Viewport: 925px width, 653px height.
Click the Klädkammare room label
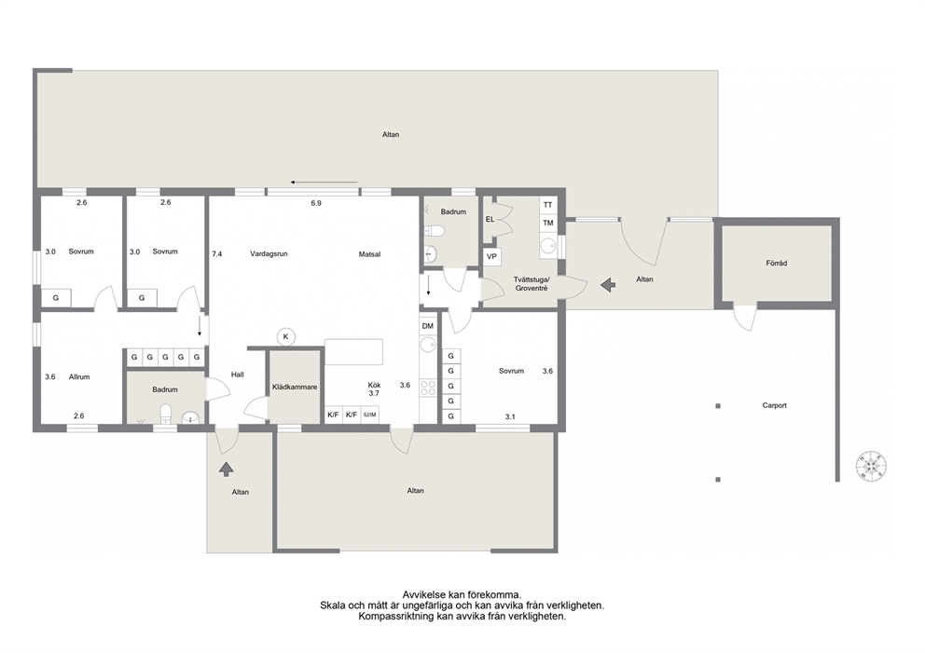point(295,388)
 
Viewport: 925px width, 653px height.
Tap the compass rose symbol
point(872,466)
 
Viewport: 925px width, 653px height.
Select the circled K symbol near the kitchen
point(286,336)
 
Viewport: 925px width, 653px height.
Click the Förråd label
point(777,264)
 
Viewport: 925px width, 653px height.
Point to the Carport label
point(775,405)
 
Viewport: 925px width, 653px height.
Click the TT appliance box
point(548,205)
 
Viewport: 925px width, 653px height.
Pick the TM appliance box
point(548,223)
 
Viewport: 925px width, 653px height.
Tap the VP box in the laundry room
point(491,256)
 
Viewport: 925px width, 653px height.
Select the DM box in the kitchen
point(428,326)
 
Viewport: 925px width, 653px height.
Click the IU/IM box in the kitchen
point(370,415)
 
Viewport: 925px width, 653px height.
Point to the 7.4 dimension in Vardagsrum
point(217,254)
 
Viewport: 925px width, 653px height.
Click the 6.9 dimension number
point(316,203)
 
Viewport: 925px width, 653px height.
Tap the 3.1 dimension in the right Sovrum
point(510,416)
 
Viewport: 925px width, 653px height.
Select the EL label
point(490,219)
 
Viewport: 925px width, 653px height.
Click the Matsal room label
point(370,254)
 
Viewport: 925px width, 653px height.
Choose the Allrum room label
point(79,376)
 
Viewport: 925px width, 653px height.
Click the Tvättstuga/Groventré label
point(532,284)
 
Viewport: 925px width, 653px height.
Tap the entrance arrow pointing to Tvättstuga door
point(608,285)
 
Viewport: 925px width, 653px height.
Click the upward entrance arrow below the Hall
point(227,469)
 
